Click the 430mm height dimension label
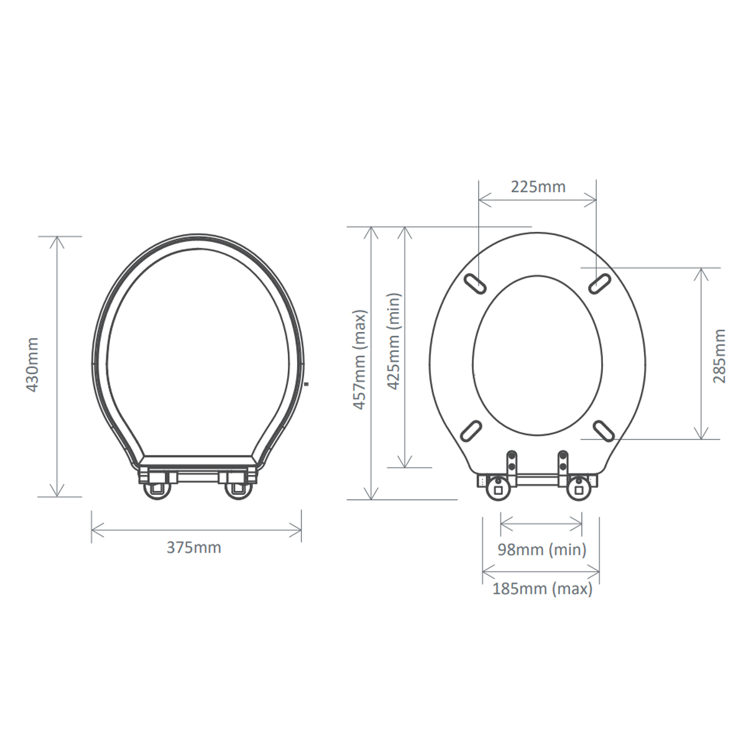(x=32, y=365)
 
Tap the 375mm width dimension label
(x=194, y=548)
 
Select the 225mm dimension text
(x=538, y=187)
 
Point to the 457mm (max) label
(x=360, y=360)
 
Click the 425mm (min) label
(x=395, y=341)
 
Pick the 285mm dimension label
(x=719, y=356)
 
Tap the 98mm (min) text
(x=541, y=550)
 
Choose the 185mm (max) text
(x=542, y=589)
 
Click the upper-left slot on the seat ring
(x=474, y=283)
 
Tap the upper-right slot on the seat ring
(x=600, y=283)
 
